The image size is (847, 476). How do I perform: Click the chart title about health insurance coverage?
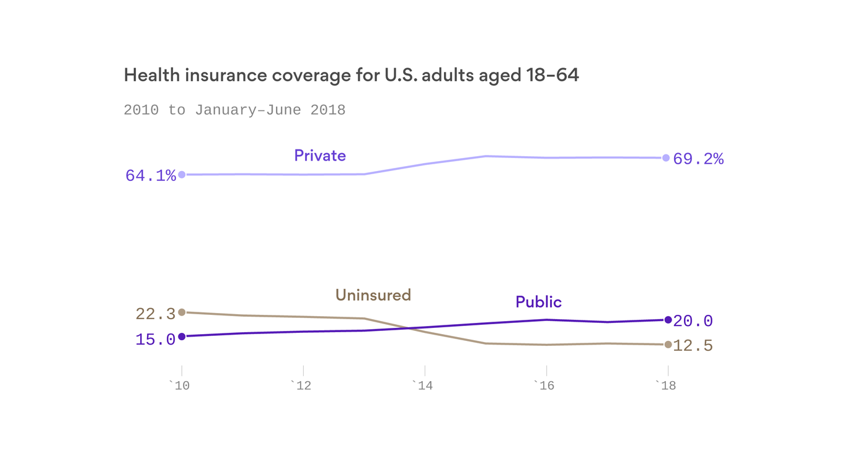[x=351, y=76]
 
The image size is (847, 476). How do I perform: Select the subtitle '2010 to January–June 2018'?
[x=234, y=110]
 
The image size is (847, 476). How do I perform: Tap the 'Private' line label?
[x=320, y=156]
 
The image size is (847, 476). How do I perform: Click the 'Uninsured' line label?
[x=373, y=295]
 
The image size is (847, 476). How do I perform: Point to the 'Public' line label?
[x=538, y=302]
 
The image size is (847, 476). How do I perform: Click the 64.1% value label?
[x=151, y=176]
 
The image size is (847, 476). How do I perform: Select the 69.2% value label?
[x=698, y=159]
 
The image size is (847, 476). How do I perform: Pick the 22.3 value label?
[x=156, y=314]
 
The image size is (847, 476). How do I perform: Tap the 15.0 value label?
[x=156, y=340]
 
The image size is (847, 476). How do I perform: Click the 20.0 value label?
[x=693, y=321]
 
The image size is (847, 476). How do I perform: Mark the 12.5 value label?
[x=693, y=346]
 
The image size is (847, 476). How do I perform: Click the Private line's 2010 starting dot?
[x=182, y=175]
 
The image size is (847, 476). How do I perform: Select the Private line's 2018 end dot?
[x=666, y=158]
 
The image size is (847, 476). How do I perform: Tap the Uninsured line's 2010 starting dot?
[x=182, y=312]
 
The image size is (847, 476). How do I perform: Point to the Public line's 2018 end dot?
[x=668, y=320]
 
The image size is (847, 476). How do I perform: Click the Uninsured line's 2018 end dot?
[x=668, y=345]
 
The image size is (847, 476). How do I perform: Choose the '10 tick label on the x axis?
[x=179, y=386]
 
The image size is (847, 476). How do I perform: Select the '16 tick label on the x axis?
[x=544, y=386]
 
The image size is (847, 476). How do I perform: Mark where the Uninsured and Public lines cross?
[x=409, y=328]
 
